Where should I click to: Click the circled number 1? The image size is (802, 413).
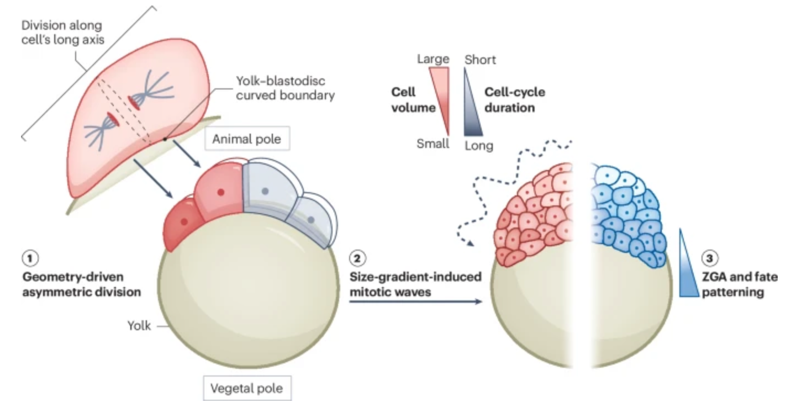tap(28, 257)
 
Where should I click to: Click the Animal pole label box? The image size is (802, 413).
tap(246, 140)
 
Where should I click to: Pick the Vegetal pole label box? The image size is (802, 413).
tap(246, 388)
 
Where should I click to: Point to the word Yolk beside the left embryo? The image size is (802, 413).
tap(139, 326)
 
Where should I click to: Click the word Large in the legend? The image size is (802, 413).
tap(433, 59)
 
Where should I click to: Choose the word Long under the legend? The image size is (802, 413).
tap(479, 146)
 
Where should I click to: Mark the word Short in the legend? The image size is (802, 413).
tap(481, 59)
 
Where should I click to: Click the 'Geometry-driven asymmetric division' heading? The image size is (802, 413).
tap(80, 284)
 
